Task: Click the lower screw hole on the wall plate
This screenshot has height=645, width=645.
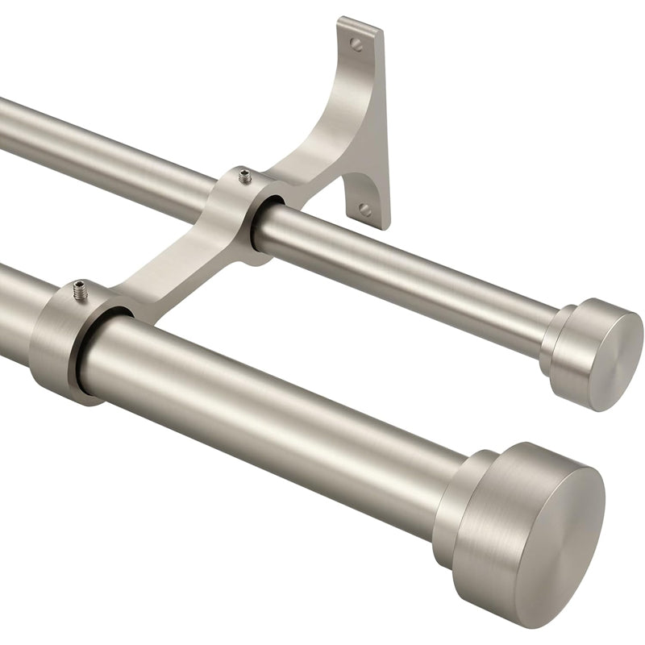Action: (x=365, y=210)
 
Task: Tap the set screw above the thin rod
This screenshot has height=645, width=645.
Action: (x=244, y=175)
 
